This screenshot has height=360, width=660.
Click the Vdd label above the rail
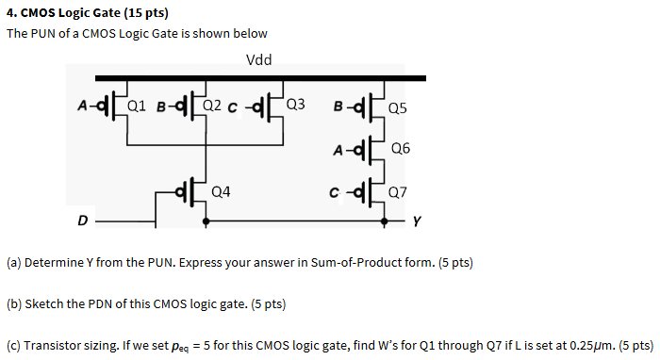(258, 60)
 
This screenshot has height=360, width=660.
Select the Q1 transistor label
(137, 105)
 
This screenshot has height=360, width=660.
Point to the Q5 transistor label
(398, 107)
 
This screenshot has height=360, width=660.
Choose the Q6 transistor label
(400, 149)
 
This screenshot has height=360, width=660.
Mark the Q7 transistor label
(398, 191)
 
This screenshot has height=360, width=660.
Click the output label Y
(417, 223)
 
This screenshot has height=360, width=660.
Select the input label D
(83, 223)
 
